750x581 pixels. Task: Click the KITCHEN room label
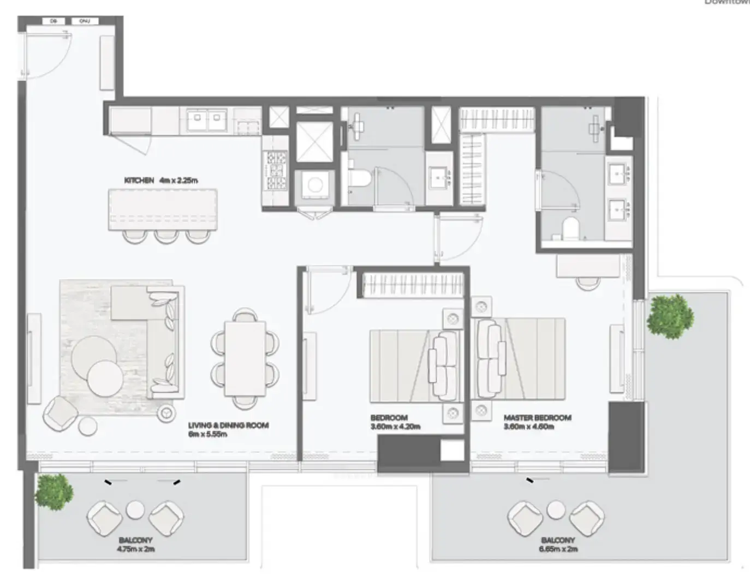139,180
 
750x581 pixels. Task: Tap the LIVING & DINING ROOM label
228,426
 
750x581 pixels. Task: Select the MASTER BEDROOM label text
537,418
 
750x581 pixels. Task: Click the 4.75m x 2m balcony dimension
135,549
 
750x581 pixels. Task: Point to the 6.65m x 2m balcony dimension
557,549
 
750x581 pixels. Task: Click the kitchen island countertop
163,209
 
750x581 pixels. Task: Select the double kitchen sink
207,119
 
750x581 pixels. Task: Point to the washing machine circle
314,185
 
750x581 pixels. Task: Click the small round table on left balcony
135,511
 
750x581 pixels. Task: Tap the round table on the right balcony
556,511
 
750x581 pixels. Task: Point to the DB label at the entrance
53,21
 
